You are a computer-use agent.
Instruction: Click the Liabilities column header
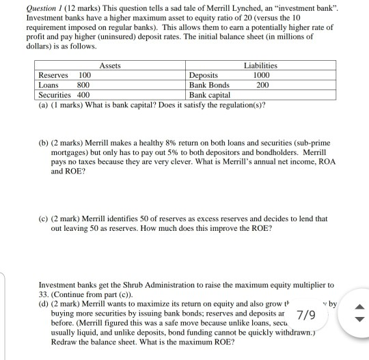click(x=260, y=66)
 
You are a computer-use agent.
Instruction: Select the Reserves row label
click(x=53, y=75)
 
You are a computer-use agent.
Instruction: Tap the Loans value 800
click(x=83, y=85)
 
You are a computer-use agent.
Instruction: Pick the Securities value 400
click(x=83, y=95)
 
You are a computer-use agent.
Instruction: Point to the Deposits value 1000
click(x=260, y=75)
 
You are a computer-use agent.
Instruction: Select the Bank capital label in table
click(x=210, y=95)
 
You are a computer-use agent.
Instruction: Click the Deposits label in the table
click(x=204, y=75)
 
